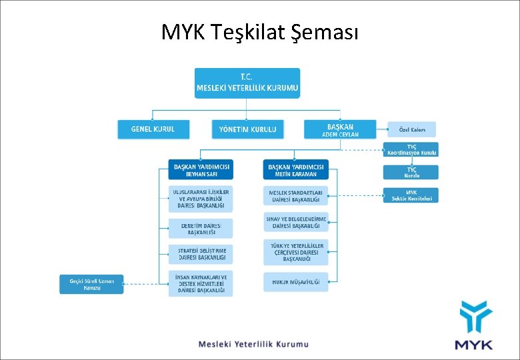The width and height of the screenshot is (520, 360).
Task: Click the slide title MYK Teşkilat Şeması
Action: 259,31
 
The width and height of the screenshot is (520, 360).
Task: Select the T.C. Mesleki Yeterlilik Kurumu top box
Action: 247,83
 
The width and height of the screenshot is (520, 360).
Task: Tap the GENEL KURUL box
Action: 153,129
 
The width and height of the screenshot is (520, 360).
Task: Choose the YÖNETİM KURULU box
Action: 247,129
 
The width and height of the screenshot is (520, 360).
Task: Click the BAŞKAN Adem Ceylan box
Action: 340,129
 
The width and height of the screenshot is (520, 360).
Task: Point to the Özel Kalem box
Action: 411,129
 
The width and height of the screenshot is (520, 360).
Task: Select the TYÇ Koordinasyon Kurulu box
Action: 411,149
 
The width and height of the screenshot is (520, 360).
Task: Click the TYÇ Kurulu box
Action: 411,173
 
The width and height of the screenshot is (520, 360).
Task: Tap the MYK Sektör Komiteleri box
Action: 411,195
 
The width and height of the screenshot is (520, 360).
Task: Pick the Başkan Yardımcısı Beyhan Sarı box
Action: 201,170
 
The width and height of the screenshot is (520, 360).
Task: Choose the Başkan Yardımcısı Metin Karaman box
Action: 295,170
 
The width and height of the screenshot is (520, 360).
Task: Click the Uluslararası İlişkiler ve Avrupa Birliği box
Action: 201,199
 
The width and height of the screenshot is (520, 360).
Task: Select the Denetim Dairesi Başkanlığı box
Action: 201,229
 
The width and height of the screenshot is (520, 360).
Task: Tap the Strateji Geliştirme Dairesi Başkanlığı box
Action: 201,254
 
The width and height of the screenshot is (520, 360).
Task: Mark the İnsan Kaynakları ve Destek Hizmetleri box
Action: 201,284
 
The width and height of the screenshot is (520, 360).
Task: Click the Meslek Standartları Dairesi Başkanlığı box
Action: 295,195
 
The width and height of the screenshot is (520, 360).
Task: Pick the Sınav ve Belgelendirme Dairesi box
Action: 295,223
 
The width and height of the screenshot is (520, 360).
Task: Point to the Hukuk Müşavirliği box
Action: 295,282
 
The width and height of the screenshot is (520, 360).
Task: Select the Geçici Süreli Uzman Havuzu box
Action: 91,284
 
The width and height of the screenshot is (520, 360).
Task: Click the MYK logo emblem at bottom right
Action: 474,319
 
